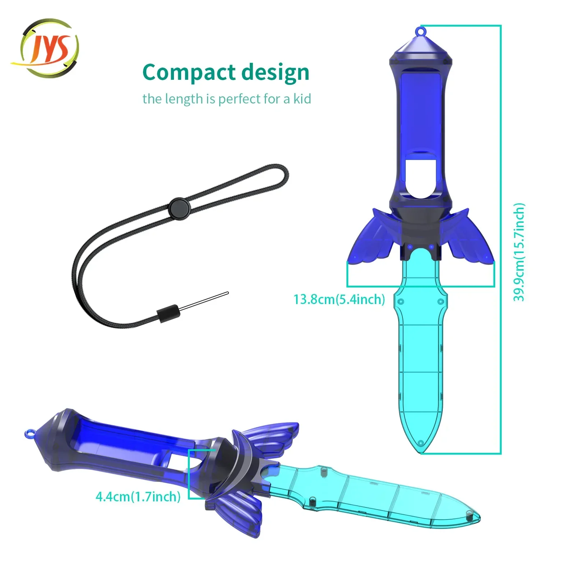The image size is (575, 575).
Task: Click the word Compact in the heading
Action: [189, 73]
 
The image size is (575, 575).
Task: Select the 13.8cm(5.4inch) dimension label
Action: [339, 299]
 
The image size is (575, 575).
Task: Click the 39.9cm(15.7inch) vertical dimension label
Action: [519, 252]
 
